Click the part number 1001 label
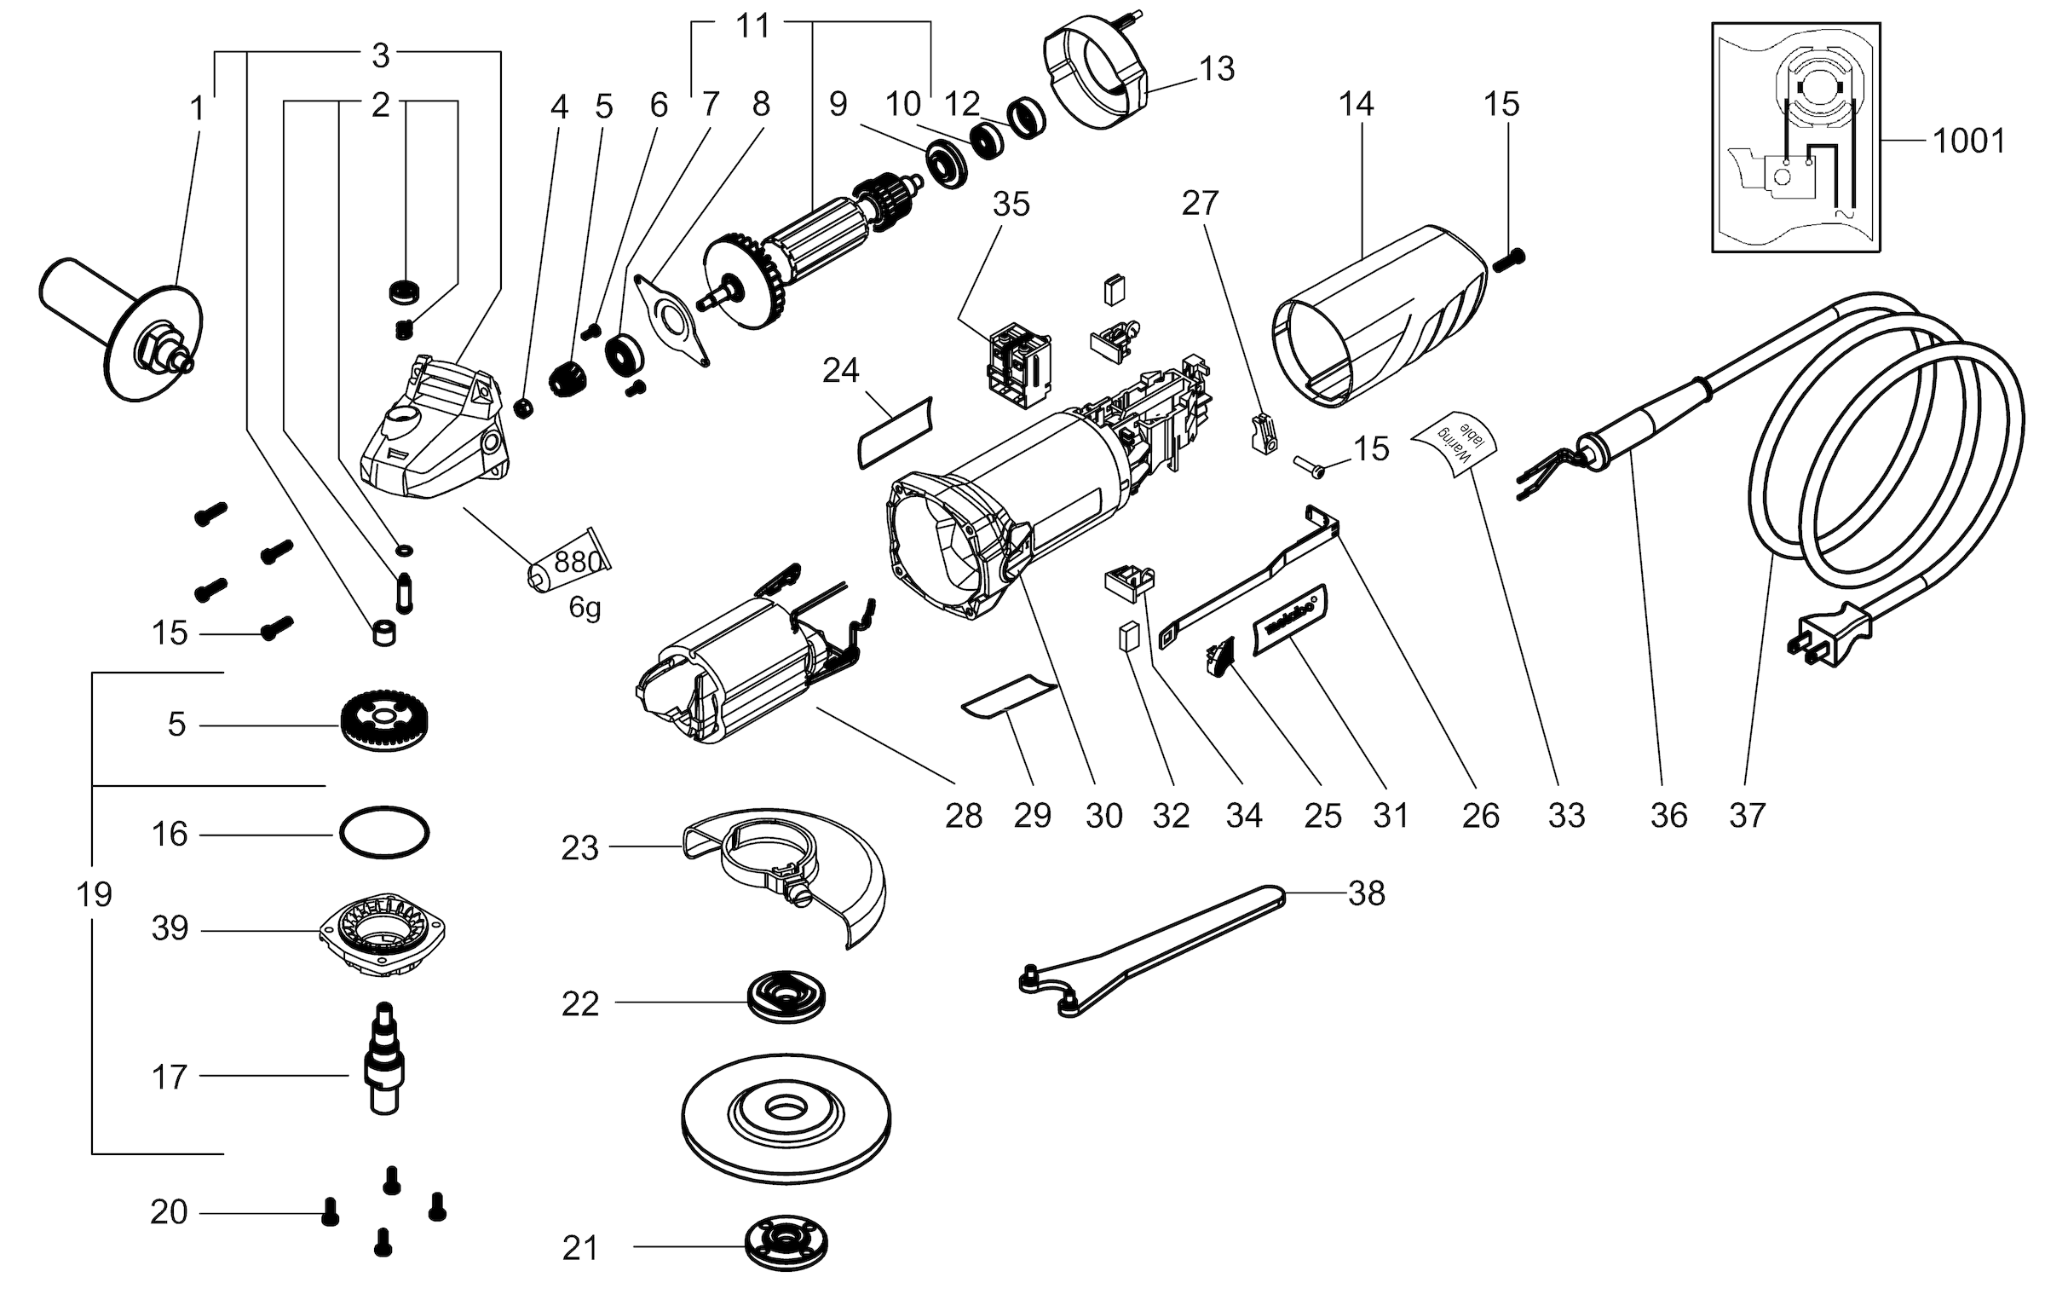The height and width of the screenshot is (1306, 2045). [1968, 141]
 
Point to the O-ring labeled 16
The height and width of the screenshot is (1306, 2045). [384, 830]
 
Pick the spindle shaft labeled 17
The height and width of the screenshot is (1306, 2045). [384, 1061]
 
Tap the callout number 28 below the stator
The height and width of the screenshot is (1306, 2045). [964, 816]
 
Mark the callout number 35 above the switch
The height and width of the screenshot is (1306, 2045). [1011, 205]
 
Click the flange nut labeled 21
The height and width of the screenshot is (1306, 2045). [785, 1245]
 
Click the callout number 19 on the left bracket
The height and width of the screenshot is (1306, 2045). [94, 894]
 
